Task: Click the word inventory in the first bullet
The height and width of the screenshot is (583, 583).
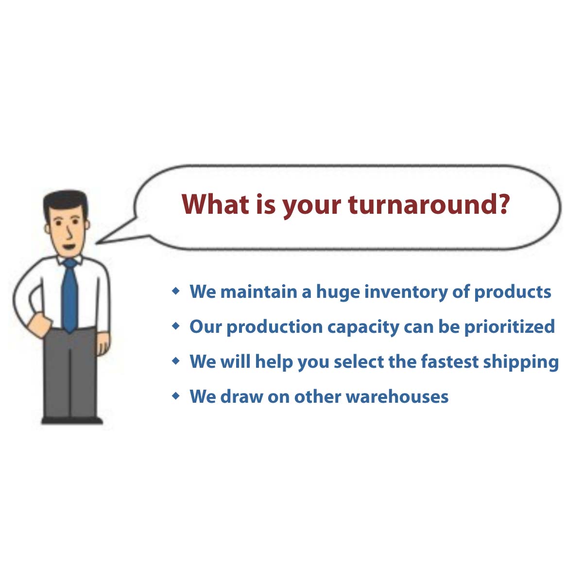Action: click(406, 292)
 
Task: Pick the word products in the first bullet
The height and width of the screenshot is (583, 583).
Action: click(513, 292)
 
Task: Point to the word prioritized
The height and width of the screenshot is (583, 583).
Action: click(510, 327)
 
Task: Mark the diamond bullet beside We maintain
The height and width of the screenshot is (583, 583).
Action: click(175, 291)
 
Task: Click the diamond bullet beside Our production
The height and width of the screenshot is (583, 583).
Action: click(175, 326)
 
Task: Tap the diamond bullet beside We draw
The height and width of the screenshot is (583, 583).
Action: click(175, 396)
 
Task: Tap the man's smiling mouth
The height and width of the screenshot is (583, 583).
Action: click(69, 247)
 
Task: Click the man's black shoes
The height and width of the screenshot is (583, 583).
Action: click(72, 420)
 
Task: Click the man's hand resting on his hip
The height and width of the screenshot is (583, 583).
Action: click(39, 325)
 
